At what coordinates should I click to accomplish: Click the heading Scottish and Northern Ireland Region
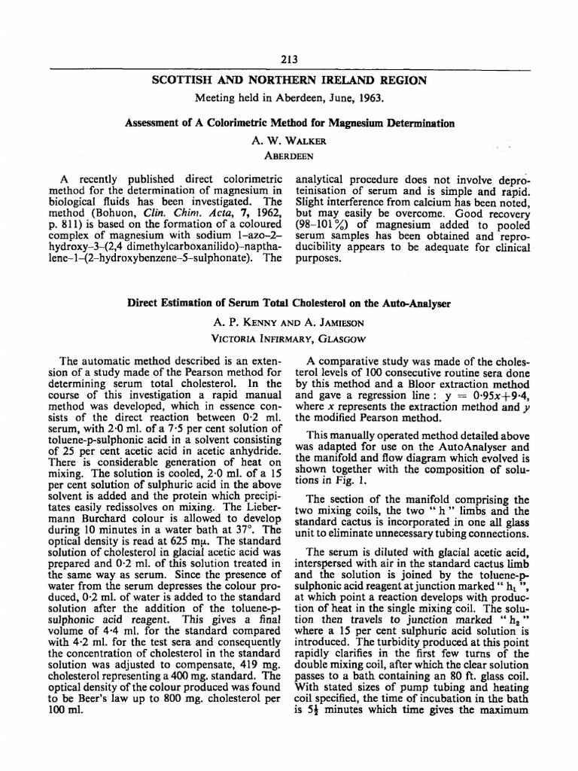coord(289,81)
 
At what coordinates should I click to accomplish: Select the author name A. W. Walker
coord(288,139)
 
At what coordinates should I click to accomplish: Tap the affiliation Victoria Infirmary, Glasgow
coord(289,336)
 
